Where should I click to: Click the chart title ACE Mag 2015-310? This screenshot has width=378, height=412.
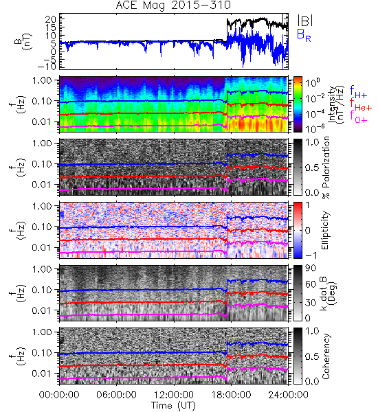click(173, 5)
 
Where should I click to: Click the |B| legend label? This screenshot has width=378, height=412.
click(305, 21)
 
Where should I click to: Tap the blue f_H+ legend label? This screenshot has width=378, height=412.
click(358, 92)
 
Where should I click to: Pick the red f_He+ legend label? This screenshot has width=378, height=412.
click(361, 104)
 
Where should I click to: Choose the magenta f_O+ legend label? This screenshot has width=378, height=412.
click(358, 117)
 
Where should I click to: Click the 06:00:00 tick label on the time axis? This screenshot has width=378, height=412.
click(117, 395)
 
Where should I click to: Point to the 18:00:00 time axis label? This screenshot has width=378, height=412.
click(231, 395)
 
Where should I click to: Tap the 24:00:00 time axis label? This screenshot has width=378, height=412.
click(288, 395)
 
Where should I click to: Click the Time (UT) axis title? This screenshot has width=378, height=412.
click(173, 405)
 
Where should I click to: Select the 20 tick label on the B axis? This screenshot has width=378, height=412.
click(49, 19)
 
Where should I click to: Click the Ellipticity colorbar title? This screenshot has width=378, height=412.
click(325, 230)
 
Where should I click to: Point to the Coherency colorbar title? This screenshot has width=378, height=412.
click(326, 356)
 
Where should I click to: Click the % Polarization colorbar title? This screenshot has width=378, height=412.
click(326, 168)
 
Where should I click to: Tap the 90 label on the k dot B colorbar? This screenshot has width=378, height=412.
click(311, 268)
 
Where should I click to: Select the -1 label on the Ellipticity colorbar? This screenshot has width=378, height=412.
click(311, 255)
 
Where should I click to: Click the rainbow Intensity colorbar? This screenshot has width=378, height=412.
click(298, 104)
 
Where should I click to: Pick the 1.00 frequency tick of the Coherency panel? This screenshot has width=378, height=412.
click(43, 332)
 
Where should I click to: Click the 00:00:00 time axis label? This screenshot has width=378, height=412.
click(59, 395)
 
